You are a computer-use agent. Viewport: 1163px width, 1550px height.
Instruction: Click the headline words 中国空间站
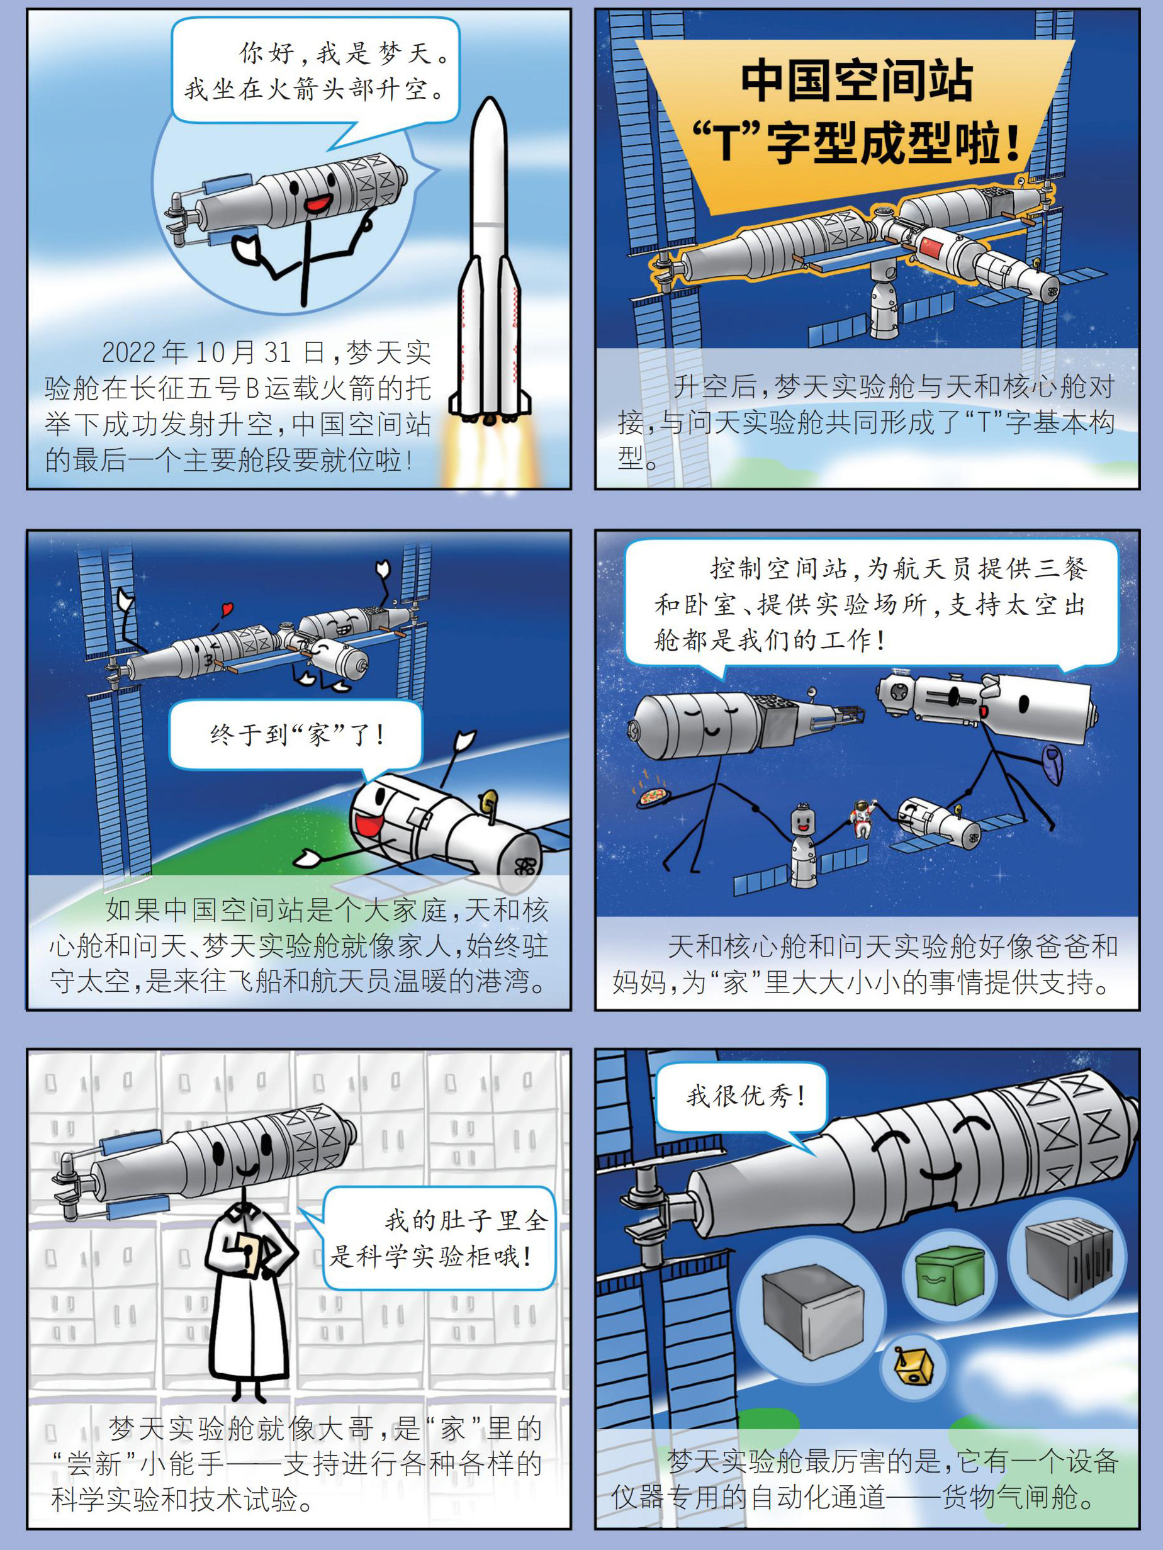click(x=858, y=80)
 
